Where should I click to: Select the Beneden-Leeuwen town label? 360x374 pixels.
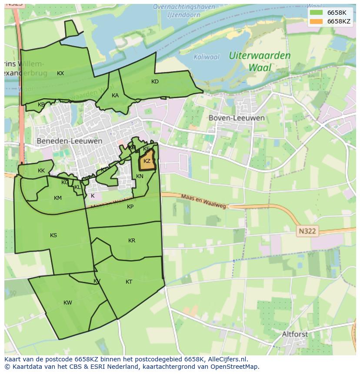click(70, 141)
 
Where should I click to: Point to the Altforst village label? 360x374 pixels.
click(295, 334)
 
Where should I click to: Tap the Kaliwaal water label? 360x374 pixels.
click(207, 57)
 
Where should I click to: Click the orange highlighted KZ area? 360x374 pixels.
click(147, 162)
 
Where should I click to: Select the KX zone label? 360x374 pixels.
click(60, 73)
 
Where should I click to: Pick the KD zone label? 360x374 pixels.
click(155, 82)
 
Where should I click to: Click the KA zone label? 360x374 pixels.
click(115, 96)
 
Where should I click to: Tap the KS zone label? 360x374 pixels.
click(53, 235)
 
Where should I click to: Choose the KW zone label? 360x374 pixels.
click(68, 303)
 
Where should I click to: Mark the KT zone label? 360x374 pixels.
click(129, 282)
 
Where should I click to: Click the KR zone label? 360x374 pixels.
click(132, 241)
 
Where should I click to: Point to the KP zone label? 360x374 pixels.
click(130, 207)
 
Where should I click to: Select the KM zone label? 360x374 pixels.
click(58, 198)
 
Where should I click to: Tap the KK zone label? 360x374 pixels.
click(41, 171)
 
